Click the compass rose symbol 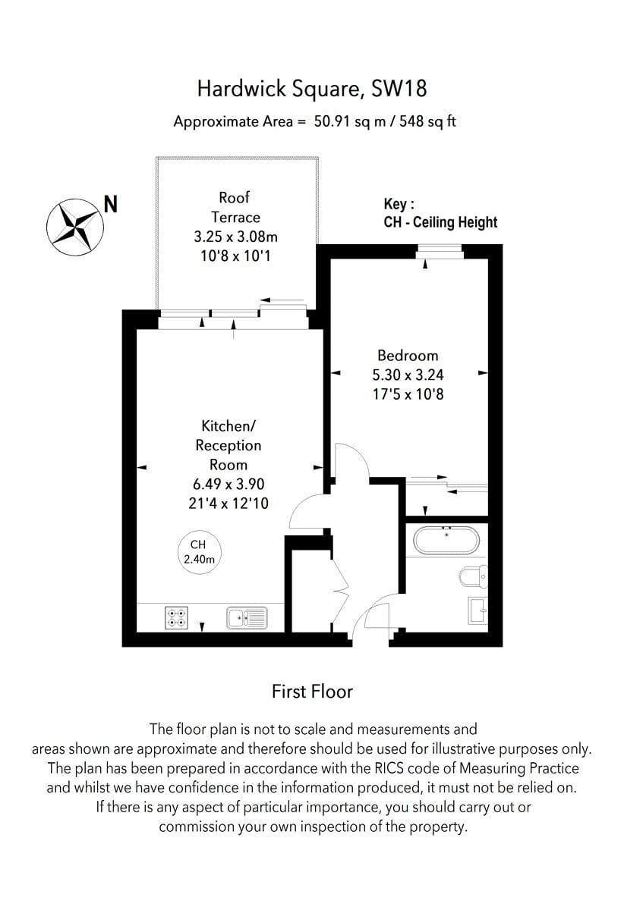[x=75, y=226]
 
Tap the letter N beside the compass [x=111, y=204]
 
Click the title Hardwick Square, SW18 [x=311, y=89]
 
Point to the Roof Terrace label [x=235, y=207]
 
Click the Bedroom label [x=408, y=355]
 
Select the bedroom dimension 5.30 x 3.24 [x=408, y=375]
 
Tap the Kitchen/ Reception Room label [x=228, y=445]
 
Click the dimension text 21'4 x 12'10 [x=228, y=503]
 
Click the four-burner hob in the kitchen [x=177, y=618]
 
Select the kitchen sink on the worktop [x=247, y=618]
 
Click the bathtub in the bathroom [x=446, y=541]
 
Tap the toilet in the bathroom [x=474, y=576]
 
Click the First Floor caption [x=312, y=691]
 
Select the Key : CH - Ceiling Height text [x=440, y=214]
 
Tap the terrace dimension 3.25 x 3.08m [x=235, y=237]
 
